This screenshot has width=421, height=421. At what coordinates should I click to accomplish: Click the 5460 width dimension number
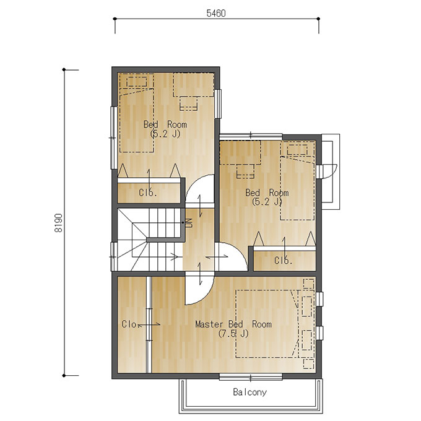click(216, 13)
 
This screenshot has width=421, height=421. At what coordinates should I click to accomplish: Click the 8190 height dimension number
click(58, 223)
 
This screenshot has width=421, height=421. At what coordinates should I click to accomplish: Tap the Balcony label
click(250, 393)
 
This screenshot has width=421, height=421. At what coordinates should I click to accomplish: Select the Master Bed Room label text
click(233, 324)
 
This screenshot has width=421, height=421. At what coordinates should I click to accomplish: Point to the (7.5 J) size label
click(233, 334)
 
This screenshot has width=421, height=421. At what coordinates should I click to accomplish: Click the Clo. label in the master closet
click(130, 324)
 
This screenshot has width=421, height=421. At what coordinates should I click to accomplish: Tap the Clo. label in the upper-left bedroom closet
click(148, 193)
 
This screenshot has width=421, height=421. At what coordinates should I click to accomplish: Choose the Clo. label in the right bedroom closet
click(283, 260)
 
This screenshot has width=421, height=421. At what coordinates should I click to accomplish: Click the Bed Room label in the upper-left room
click(165, 124)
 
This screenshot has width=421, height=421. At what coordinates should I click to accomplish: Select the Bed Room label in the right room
click(267, 193)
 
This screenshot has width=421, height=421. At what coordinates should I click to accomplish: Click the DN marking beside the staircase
click(189, 223)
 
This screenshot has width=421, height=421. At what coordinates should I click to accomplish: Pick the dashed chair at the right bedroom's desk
click(245, 171)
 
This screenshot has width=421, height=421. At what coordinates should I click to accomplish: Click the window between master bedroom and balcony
click(251, 377)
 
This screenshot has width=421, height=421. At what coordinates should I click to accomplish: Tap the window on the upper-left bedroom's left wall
click(113, 137)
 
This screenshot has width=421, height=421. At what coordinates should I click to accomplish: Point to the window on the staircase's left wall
click(113, 256)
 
